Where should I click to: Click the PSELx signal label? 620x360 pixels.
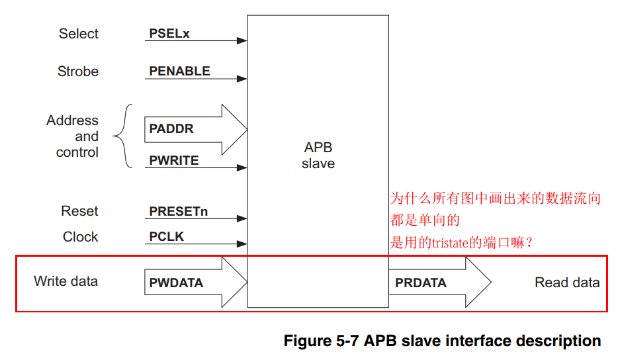pyautogui.click(x=169, y=34)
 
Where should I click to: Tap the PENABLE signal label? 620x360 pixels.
pyautogui.click(x=179, y=71)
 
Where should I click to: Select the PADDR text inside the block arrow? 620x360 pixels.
pyautogui.click(x=171, y=129)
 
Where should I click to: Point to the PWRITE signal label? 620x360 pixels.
pyautogui.click(x=174, y=161)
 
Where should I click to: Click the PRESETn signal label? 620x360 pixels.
pyautogui.click(x=179, y=212)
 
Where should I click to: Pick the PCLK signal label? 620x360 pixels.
pyautogui.click(x=166, y=237)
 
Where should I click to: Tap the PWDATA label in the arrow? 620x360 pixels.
pyautogui.click(x=176, y=283)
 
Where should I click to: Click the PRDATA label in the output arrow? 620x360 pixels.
pyautogui.click(x=421, y=283)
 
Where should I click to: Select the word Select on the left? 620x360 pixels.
pyautogui.click(x=78, y=34)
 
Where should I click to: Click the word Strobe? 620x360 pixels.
pyautogui.click(x=78, y=71)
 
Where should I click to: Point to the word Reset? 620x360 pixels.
pyautogui.click(x=79, y=212)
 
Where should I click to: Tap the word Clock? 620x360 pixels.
pyautogui.click(x=80, y=237)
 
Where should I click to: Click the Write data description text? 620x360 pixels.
pyautogui.click(x=66, y=281)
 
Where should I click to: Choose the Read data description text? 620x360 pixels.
pyautogui.click(x=567, y=283)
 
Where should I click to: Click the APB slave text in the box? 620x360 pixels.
pyautogui.click(x=318, y=156)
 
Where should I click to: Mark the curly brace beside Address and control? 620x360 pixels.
pyautogui.click(x=121, y=136)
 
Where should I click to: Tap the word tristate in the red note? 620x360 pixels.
pyautogui.click(x=450, y=244)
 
